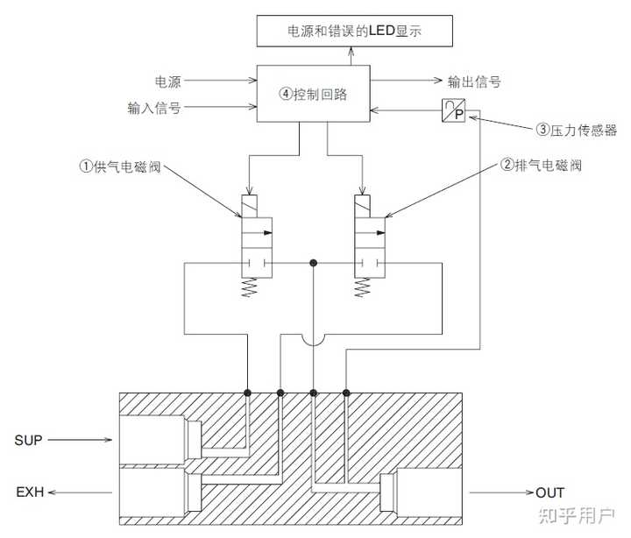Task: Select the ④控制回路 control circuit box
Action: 313,95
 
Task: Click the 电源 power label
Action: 167,82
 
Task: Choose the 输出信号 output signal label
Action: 474,82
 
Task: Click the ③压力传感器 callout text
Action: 576,131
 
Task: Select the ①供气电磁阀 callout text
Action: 119,165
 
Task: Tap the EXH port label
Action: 29,492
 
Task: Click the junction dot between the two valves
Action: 313,263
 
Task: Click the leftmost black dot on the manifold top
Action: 248,393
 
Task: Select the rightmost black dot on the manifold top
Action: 346,393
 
